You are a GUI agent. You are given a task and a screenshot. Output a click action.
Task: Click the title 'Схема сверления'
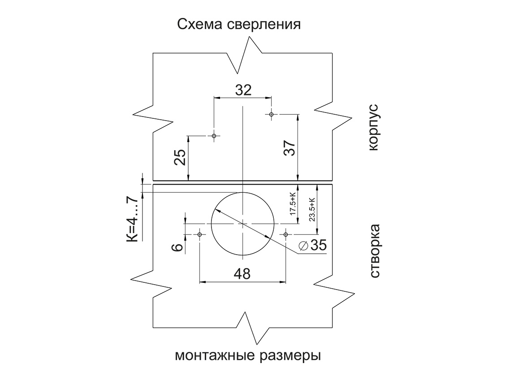click(x=239, y=23)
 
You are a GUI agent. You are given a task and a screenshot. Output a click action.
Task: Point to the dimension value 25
click(x=180, y=157)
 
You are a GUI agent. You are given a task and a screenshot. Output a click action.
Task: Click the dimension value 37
click(x=289, y=148)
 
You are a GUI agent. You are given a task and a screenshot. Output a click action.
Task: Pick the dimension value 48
click(x=242, y=273)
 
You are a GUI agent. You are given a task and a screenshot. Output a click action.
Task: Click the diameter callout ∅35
click(x=312, y=246)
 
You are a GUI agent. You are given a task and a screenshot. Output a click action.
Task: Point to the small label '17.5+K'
click(x=293, y=204)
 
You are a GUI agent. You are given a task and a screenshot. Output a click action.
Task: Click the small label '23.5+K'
click(x=312, y=209)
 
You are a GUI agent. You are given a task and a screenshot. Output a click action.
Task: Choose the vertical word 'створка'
click(x=374, y=251)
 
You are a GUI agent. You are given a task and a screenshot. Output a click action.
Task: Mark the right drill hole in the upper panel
click(x=271, y=114)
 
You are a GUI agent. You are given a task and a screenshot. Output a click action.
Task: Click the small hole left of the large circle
click(x=199, y=234)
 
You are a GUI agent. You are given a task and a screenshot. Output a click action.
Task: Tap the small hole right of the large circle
click(x=285, y=234)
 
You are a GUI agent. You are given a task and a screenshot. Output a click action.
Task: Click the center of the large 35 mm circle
click(x=242, y=223)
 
